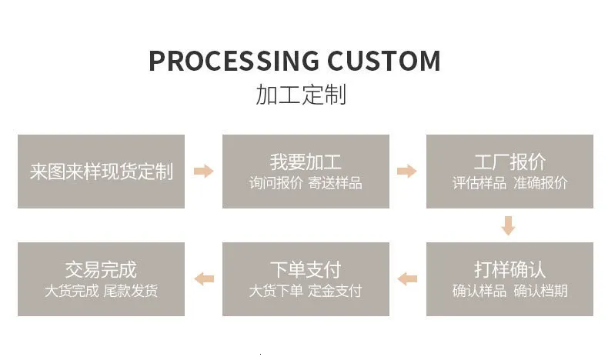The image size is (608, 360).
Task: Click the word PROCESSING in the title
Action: tap(234, 61)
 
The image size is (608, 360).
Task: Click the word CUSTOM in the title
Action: tap(384, 61)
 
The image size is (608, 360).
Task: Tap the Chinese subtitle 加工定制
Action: tap(301, 95)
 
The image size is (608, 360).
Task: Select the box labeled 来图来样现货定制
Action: tap(101, 172)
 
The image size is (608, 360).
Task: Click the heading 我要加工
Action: tap(306, 162)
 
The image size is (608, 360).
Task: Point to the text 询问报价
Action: tap(276, 183)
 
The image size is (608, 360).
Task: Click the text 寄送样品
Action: tap(336, 183)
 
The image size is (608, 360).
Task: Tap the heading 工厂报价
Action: tap(510, 162)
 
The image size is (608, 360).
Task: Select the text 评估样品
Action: tap(479, 183)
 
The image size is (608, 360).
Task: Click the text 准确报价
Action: tap(540, 183)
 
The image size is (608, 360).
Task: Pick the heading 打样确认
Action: tap(510, 270)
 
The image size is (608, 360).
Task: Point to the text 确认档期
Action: tap(540, 291)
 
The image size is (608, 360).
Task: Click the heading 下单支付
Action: tap(306, 270)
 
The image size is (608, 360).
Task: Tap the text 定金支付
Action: tap(336, 291)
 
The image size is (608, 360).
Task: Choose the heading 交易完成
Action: tap(101, 270)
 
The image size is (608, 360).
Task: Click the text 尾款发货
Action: tap(131, 291)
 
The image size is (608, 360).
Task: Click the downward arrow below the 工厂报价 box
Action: tap(508, 225)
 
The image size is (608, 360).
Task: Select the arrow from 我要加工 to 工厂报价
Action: tap(407, 171)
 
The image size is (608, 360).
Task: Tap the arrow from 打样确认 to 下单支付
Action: tap(407, 278)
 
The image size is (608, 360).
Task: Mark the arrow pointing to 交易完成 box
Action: tap(204, 278)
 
